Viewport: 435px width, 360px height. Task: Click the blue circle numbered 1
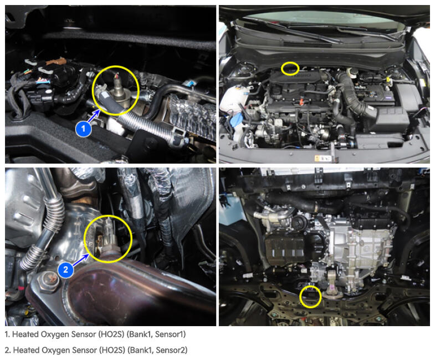[83, 129]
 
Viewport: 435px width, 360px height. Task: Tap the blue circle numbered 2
[66, 270]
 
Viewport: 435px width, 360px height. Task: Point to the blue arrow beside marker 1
[94, 116]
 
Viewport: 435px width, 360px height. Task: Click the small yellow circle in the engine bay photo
[290, 68]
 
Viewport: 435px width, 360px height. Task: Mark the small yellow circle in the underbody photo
[310, 297]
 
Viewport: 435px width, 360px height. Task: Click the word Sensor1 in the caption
[170, 334]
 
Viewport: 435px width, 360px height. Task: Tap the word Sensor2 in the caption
[171, 350]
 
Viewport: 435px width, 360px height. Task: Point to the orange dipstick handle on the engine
[300, 103]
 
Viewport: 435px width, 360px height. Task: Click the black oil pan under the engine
[293, 247]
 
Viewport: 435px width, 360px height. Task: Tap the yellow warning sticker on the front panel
[323, 158]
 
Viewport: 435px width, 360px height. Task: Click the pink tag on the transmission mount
[331, 288]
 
